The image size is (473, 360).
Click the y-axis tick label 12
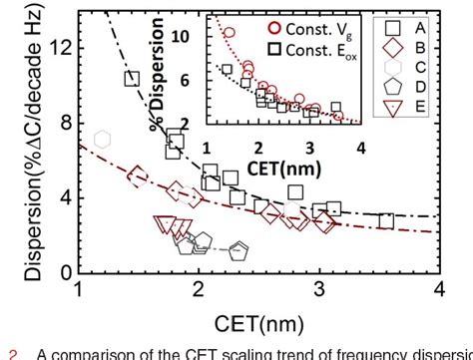click(x=59, y=46)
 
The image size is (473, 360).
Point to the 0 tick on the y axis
click(x=64, y=272)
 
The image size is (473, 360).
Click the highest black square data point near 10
click(x=131, y=79)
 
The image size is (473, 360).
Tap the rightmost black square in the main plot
click(x=385, y=220)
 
